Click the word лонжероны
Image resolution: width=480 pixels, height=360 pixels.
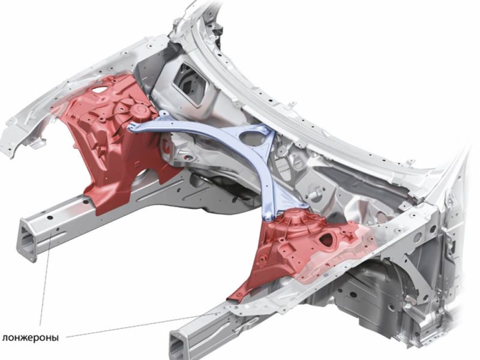(x=31, y=338)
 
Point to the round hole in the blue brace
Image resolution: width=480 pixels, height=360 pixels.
(x=252, y=138)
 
